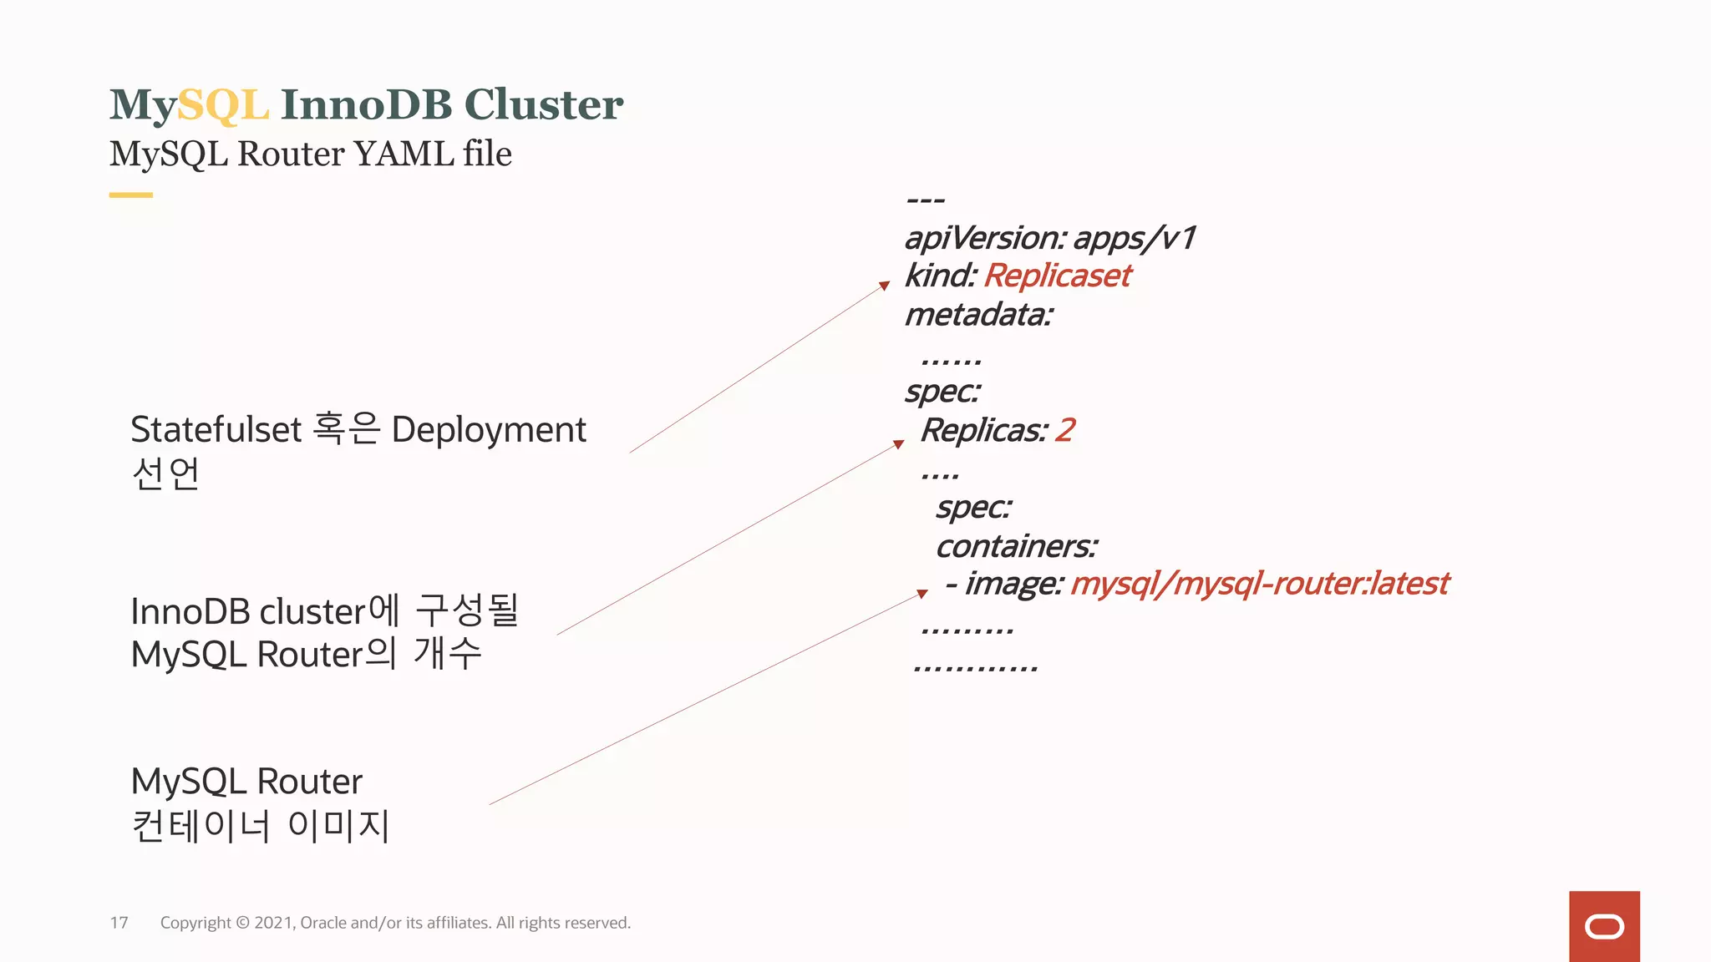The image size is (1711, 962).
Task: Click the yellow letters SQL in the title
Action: click(x=222, y=106)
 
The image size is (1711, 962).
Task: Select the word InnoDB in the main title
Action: click(x=366, y=105)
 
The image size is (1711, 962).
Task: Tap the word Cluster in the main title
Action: click(x=543, y=105)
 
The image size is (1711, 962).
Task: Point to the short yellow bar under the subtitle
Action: click(x=131, y=195)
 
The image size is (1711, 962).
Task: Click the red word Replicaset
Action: click(x=1057, y=276)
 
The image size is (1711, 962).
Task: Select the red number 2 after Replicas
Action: click(x=1064, y=431)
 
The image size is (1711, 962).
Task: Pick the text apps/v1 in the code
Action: click(x=1135, y=239)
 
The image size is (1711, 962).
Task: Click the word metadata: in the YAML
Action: click(x=978, y=316)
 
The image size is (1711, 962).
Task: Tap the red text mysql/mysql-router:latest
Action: click(x=1259, y=584)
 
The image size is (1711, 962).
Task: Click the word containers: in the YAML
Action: click(x=1016, y=547)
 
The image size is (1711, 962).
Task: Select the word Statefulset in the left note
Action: click(x=216, y=430)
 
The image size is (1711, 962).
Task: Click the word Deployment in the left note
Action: click(x=489, y=430)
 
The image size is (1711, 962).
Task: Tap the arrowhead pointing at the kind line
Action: click(x=884, y=286)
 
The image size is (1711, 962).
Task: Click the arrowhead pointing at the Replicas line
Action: click(x=898, y=444)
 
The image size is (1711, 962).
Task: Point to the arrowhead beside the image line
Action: click(x=922, y=594)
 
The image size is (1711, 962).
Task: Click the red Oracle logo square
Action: click(x=1604, y=926)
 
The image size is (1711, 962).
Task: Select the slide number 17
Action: click(x=119, y=923)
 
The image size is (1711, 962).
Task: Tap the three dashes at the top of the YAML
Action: click(x=925, y=200)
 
